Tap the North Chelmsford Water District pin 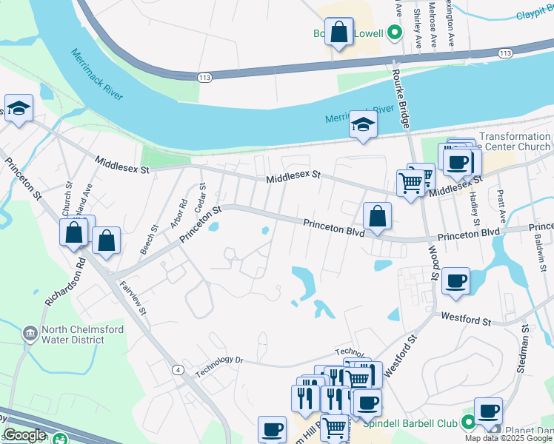coord(30,334)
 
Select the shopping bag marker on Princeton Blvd coord(377,217)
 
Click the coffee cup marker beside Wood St coord(456,282)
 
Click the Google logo coord(24,435)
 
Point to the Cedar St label coord(200,197)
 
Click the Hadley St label coord(474,204)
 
